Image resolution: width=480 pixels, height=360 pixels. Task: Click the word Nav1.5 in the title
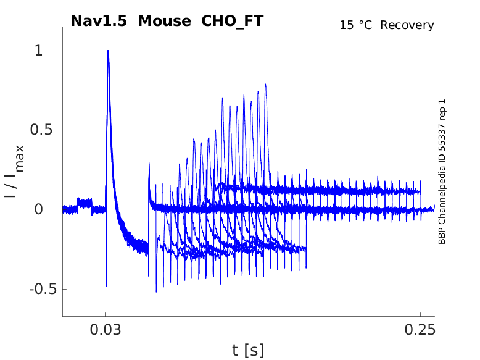click(99, 20)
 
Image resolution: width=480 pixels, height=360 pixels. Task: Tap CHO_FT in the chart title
click(233, 20)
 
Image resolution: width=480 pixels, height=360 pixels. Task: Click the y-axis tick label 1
click(39, 51)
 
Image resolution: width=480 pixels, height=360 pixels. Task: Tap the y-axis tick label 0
click(39, 210)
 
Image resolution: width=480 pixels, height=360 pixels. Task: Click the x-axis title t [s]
click(248, 351)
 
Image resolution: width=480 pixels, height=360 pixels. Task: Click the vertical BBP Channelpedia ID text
click(442, 172)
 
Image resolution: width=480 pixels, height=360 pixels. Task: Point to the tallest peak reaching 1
click(108, 51)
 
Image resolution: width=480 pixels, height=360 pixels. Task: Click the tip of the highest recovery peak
click(266, 85)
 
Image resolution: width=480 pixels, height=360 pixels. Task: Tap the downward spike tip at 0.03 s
click(106, 286)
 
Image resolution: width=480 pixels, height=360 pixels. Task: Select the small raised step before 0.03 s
click(84, 201)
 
